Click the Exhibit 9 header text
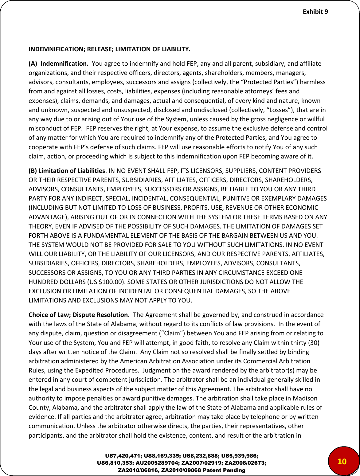pyautogui.click(x=315, y=12)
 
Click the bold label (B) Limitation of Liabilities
pyautogui.click(x=67, y=170)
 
